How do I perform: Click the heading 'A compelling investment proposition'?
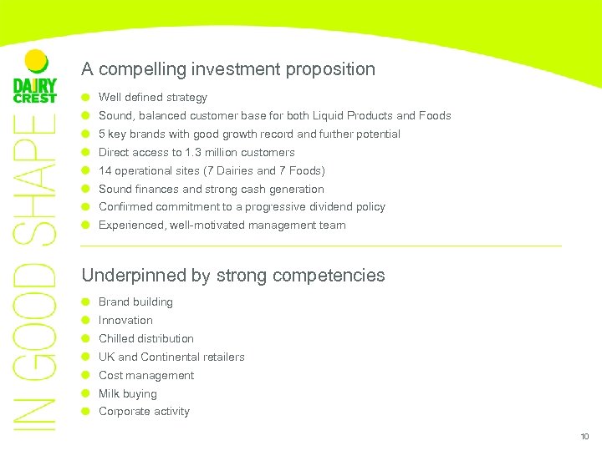[x=228, y=69]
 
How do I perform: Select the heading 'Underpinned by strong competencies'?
[x=233, y=276]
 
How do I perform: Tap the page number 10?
[x=584, y=437]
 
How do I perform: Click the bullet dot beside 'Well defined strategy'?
[x=85, y=98]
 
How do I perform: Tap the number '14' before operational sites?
[x=105, y=171]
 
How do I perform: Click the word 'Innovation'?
[x=125, y=321]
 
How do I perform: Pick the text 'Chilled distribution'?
[x=146, y=339]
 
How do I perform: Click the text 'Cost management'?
[x=146, y=376]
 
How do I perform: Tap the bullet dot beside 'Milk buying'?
[x=85, y=394]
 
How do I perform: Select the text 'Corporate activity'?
[x=144, y=412]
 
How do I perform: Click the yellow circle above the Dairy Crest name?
[x=35, y=61]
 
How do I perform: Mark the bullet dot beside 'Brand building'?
[x=85, y=302]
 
